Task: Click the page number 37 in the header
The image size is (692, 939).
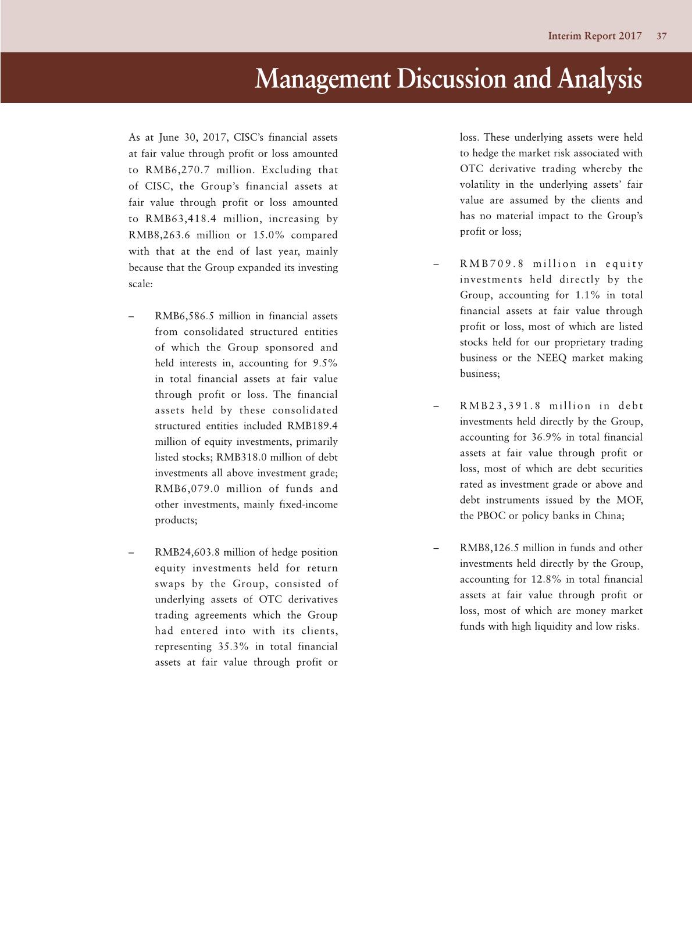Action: click(662, 36)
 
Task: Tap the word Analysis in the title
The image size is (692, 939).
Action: click(600, 78)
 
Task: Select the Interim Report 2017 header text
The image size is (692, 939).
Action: click(594, 36)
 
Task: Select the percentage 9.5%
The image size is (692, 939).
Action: click(324, 363)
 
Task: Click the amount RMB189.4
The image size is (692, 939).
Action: click(312, 426)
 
